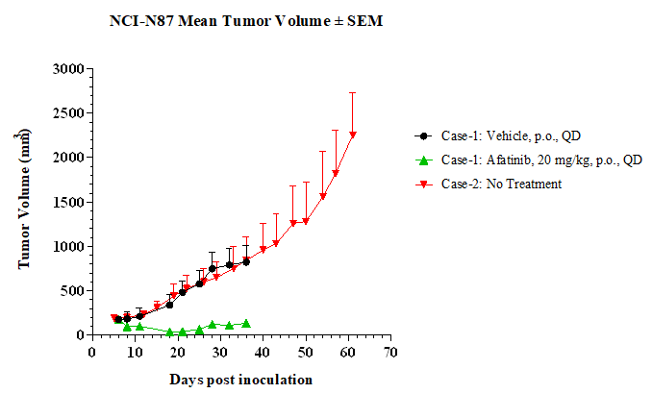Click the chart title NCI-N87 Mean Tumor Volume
pyautogui.click(x=219, y=21)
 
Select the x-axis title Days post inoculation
pyautogui.click(x=240, y=380)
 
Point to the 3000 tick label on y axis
pyautogui.click(x=68, y=68)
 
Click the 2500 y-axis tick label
pyautogui.click(x=68, y=113)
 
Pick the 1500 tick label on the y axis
pyautogui.click(x=68, y=202)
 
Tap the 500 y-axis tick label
pyautogui.click(x=73, y=291)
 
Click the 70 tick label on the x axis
pyautogui.click(x=390, y=353)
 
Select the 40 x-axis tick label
pyautogui.click(x=263, y=353)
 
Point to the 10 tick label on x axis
pyautogui.click(x=135, y=353)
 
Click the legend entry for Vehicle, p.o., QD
pyautogui.click(x=498, y=135)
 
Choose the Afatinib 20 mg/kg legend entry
pyautogui.click(x=529, y=160)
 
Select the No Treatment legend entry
pyautogui.click(x=489, y=184)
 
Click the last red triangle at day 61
pyautogui.click(x=353, y=135)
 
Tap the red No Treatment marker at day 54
pyautogui.click(x=323, y=196)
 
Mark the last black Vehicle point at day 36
pyautogui.click(x=246, y=262)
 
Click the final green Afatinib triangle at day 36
pyautogui.click(x=246, y=323)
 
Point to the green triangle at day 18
pyautogui.click(x=169, y=332)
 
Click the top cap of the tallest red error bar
pyautogui.click(x=353, y=92)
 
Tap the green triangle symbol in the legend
pyautogui.click(x=424, y=160)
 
